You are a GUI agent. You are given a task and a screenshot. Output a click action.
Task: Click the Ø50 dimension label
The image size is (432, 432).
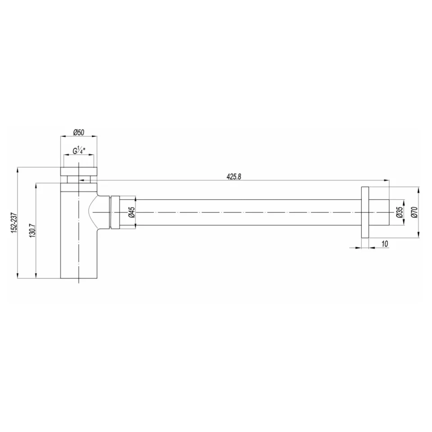pyautogui.click(x=79, y=132)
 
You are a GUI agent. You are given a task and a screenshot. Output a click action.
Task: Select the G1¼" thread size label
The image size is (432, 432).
pyautogui.click(x=79, y=151)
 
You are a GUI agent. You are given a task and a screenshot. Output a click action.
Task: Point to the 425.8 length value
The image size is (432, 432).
pyautogui.click(x=234, y=177)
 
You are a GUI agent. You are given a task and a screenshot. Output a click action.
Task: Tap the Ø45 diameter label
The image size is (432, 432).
pyautogui.click(x=131, y=212)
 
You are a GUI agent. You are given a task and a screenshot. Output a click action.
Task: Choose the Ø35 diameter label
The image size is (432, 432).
pyautogui.click(x=399, y=212)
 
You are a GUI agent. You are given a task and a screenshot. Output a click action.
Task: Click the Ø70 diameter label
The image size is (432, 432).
pyautogui.click(x=414, y=212)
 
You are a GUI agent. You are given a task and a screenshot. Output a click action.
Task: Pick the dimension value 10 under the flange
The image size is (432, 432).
pyautogui.click(x=385, y=243)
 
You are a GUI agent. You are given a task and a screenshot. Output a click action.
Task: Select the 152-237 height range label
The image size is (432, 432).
pyautogui.click(x=13, y=222)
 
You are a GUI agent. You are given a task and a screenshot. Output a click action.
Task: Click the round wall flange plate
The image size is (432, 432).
pyautogui.click(x=365, y=211)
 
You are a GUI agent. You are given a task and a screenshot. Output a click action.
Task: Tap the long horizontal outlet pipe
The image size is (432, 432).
pyautogui.click(x=247, y=212)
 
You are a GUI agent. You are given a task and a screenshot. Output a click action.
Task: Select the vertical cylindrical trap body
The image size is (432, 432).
pyautogui.click(x=79, y=243)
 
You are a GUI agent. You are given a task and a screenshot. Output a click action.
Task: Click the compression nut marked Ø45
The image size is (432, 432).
pyautogui.click(x=115, y=212)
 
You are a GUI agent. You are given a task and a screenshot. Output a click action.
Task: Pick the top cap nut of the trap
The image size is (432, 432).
pyautogui.click(x=79, y=171)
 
